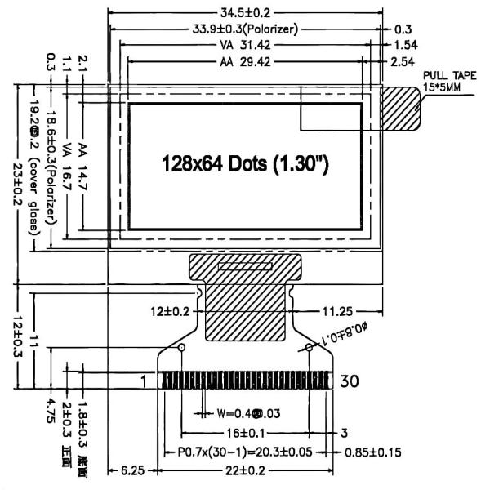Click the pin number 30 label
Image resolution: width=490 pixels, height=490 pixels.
point(350,381)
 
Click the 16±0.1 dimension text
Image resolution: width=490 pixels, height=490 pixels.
point(245,432)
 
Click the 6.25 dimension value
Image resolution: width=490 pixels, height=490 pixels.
point(132,471)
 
